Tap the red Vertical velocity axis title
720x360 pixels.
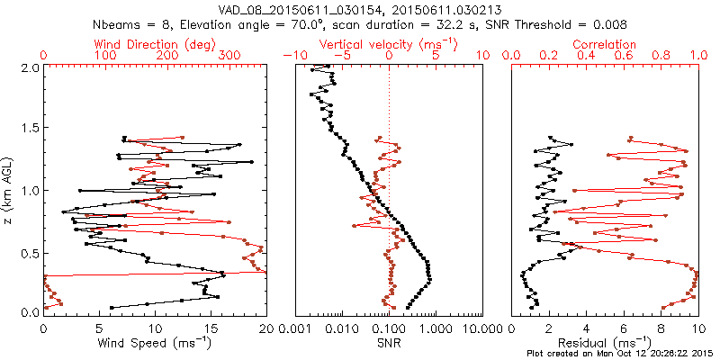coord(388,44)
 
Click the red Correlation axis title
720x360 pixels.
coord(605,44)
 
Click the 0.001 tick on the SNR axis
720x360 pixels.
coord(297,328)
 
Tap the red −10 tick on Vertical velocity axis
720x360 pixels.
coord(291,56)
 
